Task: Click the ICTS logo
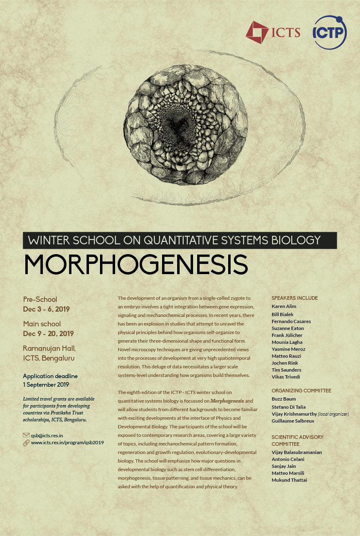(x=273, y=33)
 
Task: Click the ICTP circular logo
(x=329, y=32)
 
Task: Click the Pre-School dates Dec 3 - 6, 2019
(x=46, y=309)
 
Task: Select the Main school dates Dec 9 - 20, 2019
(x=48, y=334)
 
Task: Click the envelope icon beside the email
(x=26, y=435)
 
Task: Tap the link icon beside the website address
(x=26, y=443)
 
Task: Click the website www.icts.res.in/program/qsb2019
(x=67, y=443)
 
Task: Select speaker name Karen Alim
(x=284, y=306)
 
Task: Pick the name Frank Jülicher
(x=287, y=335)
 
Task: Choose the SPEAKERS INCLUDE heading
(x=294, y=298)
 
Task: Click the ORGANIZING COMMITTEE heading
(x=301, y=391)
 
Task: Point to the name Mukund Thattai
(x=289, y=480)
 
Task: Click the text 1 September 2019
(x=46, y=385)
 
